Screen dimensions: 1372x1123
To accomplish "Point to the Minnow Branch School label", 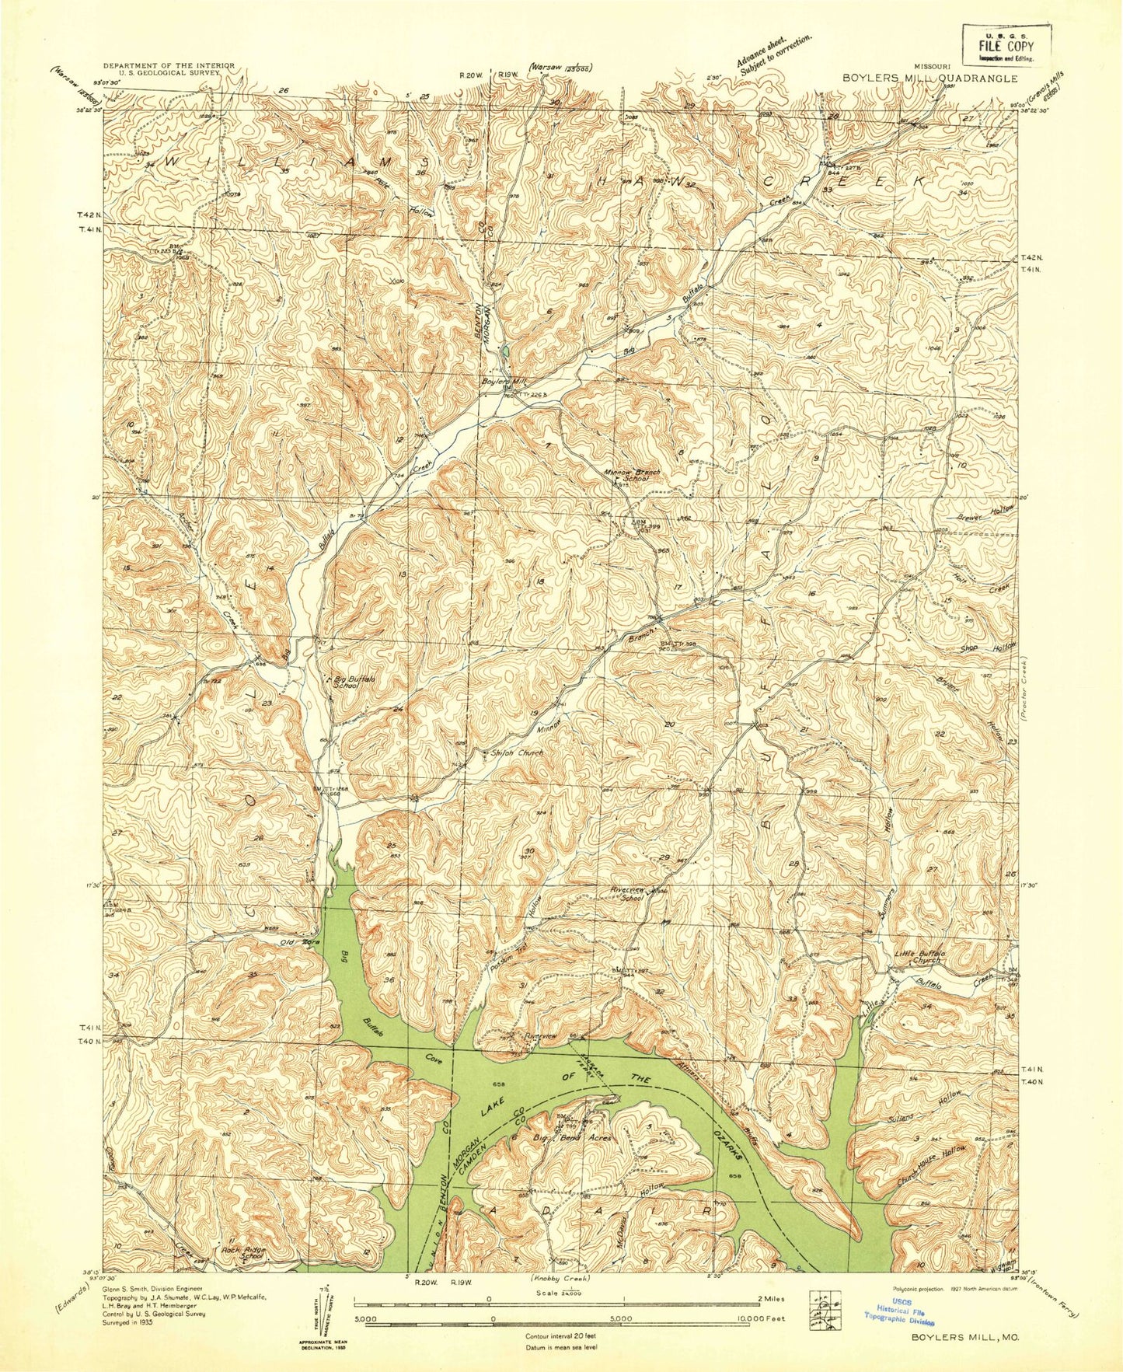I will point(633,475).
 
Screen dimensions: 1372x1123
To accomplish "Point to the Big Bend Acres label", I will point(573,1138).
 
